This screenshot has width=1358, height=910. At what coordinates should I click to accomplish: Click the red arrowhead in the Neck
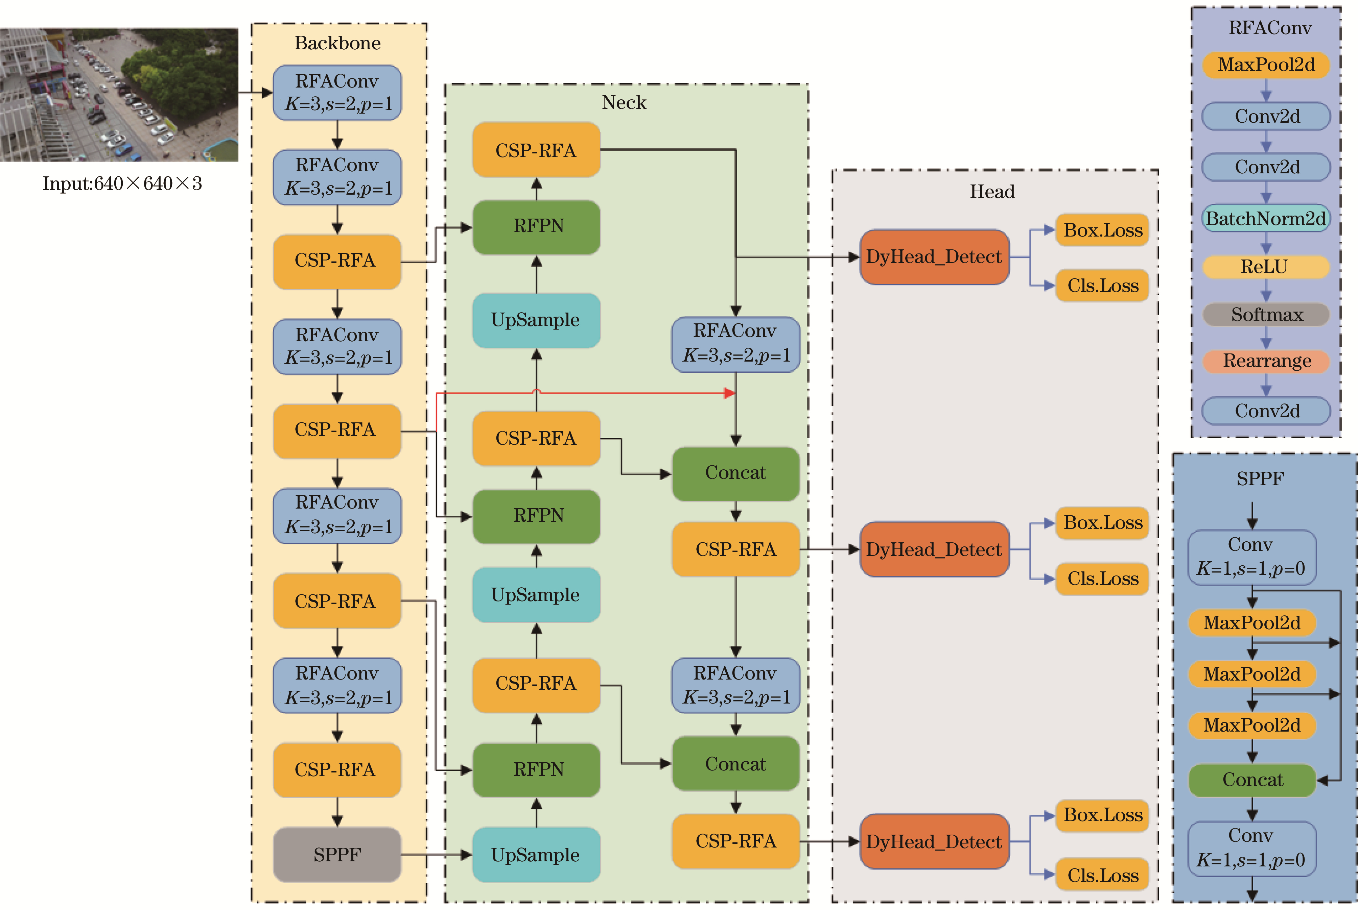coord(730,393)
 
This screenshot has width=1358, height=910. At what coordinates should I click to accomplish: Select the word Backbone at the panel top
coord(337,43)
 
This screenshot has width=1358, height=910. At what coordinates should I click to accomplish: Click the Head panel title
coord(992,192)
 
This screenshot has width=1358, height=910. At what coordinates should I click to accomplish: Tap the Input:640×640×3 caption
coord(122,183)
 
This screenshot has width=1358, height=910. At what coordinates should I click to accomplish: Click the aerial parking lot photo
coord(119,95)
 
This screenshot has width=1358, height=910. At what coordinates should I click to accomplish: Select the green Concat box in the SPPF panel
coord(1252,780)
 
